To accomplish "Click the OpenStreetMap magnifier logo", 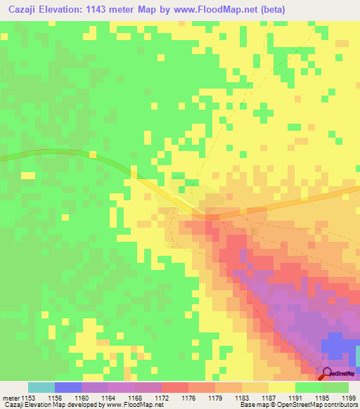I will [x=326, y=373].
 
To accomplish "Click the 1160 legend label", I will [x=82, y=397].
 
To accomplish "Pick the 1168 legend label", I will [x=135, y=397].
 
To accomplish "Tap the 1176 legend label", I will [x=188, y=397].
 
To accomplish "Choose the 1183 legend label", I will [x=242, y=397].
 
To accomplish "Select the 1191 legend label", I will [x=295, y=397].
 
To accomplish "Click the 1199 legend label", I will [x=347, y=397].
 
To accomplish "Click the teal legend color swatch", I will [x=41, y=387].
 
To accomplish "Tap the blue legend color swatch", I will [x=68, y=387].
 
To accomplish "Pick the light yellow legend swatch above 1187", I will [x=282, y=387].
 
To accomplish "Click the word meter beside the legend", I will [x=11, y=397].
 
